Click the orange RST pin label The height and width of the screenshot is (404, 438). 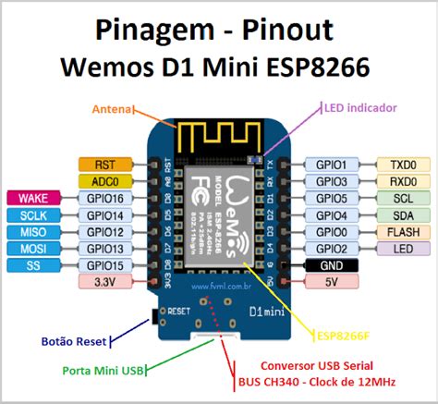100,164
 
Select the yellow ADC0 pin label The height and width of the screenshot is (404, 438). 100,180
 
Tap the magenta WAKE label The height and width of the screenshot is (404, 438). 34,198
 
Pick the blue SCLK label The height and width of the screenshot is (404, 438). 34,214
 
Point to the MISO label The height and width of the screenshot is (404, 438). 34,231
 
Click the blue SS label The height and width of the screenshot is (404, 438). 34,265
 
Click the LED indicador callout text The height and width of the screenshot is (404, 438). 359,108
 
